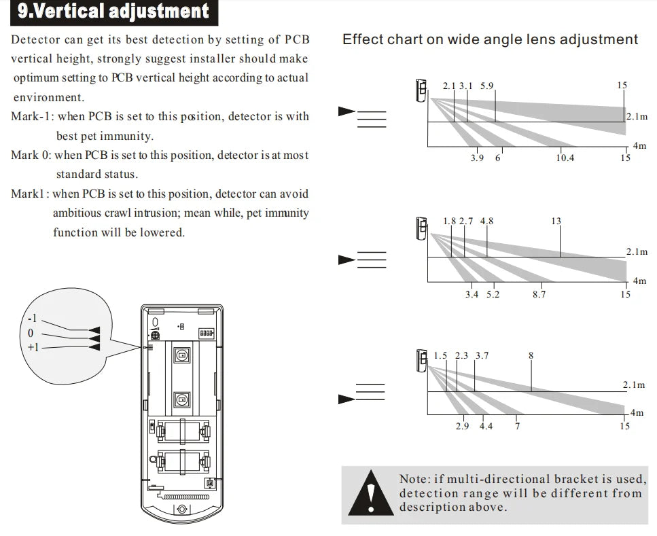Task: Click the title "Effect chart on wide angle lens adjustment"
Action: click(490, 39)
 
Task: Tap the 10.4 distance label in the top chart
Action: click(565, 158)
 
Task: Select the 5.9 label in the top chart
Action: click(486, 86)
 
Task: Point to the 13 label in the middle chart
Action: click(556, 221)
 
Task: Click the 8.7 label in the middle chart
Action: click(539, 294)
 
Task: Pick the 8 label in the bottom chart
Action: click(531, 355)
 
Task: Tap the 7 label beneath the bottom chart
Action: click(517, 427)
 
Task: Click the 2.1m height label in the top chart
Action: click(637, 117)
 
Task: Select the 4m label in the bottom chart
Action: click(637, 412)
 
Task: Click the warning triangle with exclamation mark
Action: click(370, 492)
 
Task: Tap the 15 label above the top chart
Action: click(622, 86)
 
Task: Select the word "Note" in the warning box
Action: click(414, 479)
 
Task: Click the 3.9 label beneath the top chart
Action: click(477, 158)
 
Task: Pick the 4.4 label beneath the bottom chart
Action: click(486, 427)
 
